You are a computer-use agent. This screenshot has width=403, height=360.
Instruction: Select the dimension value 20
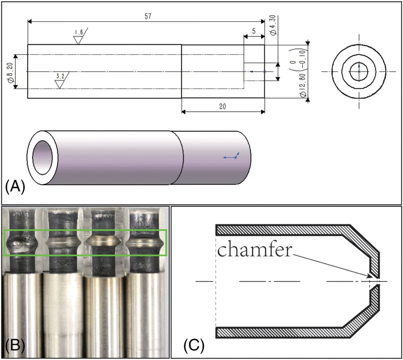[222, 106]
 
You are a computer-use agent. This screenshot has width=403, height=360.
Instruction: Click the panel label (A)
[15, 187]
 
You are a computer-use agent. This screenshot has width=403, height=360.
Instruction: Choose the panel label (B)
[15, 345]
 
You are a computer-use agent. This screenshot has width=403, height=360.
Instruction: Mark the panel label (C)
[194, 345]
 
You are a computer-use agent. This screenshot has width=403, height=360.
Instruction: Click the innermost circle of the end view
[359, 71]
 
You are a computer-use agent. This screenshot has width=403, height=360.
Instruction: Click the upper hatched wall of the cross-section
[282, 230]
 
